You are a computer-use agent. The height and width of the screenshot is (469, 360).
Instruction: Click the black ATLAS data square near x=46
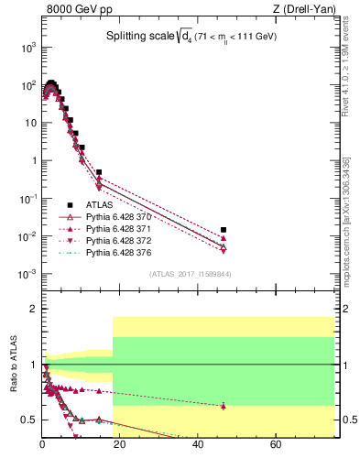click(x=224, y=230)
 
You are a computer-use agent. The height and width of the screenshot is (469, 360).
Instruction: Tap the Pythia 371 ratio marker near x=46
click(x=224, y=406)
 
